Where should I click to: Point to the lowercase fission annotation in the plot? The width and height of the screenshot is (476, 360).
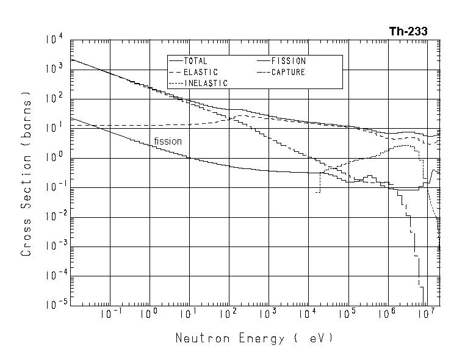[x=168, y=142]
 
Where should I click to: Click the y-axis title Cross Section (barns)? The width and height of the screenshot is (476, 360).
[x=26, y=173]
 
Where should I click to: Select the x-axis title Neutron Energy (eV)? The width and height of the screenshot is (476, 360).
[x=254, y=337]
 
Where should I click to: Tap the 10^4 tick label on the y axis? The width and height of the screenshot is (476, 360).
[x=55, y=40]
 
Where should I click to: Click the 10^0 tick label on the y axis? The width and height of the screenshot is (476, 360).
[x=55, y=157]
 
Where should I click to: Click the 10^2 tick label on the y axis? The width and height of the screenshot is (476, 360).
[x=55, y=99]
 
